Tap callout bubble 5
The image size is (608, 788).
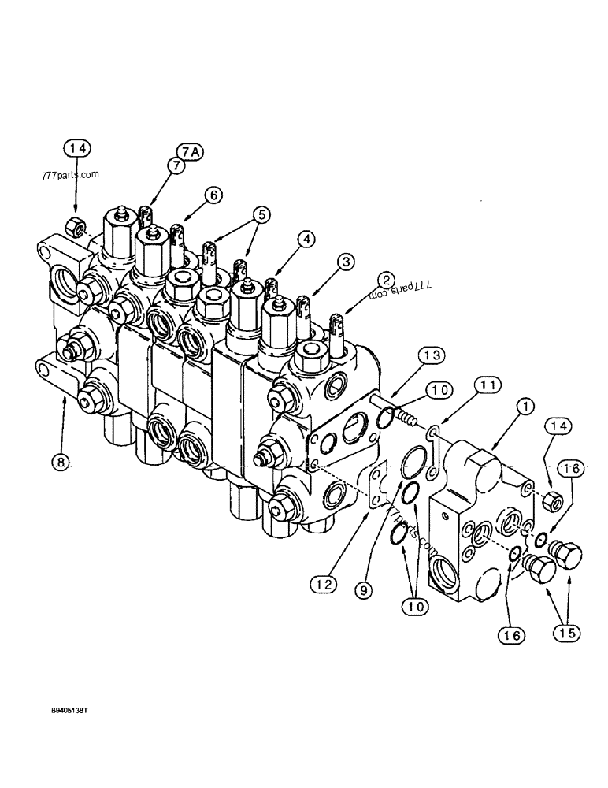pyautogui.click(x=261, y=214)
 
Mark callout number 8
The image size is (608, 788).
pyautogui.click(x=61, y=463)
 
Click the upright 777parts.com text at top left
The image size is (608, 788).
pyautogui.click(x=66, y=175)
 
